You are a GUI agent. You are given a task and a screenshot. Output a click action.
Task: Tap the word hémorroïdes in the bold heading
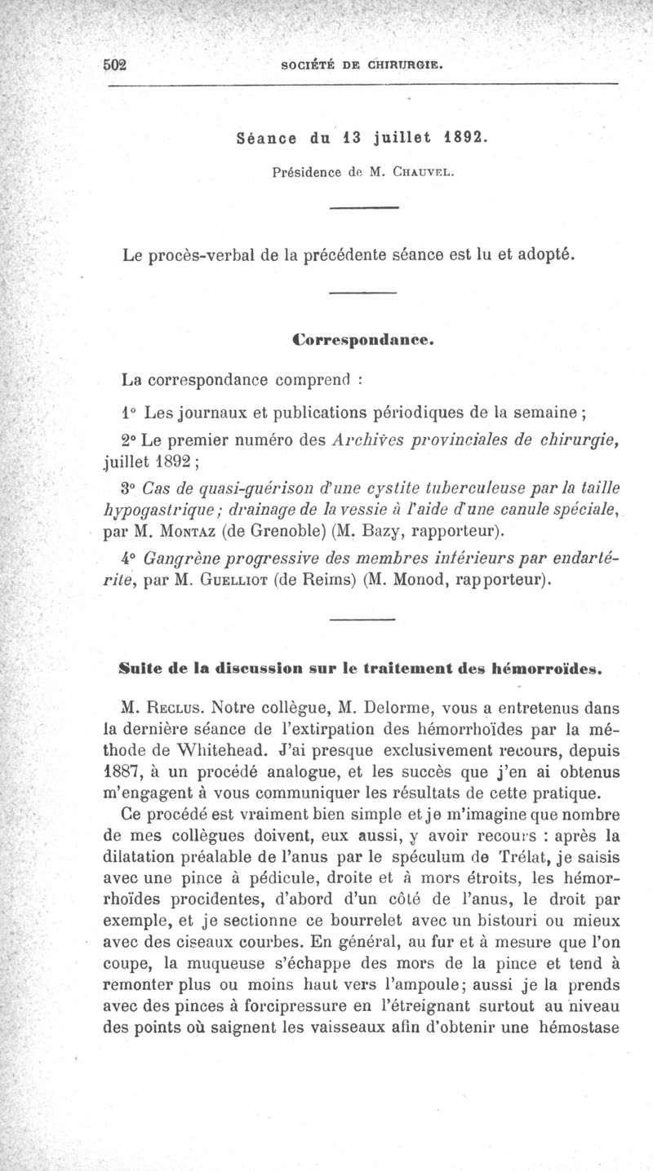point(547,672)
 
